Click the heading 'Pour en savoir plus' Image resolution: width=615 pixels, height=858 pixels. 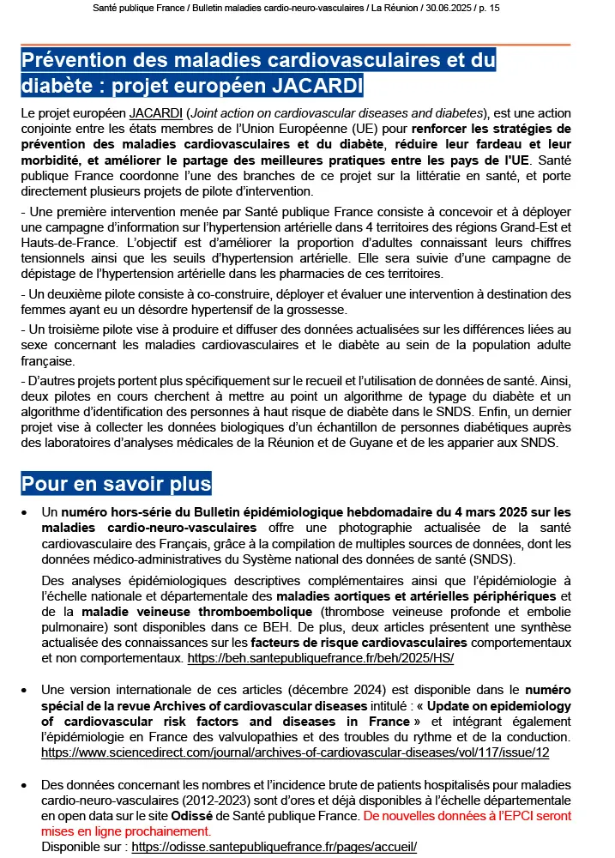pyautogui.click(x=116, y=484)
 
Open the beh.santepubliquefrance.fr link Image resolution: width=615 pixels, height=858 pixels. pyautogui.click(x=320, y=658)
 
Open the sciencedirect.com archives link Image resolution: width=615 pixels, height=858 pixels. pyautogui.click(x=295, y=752)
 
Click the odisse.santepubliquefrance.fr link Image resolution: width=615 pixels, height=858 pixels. pyautogui.click(x=274, y=846)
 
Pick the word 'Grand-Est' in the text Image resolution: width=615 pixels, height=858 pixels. pyautogui.click(x=522, y=227)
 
